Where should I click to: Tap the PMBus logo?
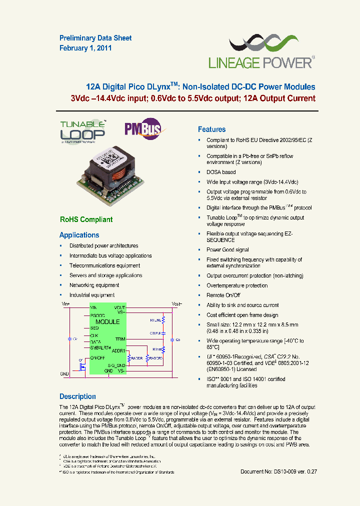coord(142,128)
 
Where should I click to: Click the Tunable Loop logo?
coord(82,131)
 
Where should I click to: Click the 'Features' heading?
coord(211,129)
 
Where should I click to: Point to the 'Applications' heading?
coord(79,235)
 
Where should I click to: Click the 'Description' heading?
coord(77,396)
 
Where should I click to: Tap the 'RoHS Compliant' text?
coord(86,219)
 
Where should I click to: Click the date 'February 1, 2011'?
coord(85,48)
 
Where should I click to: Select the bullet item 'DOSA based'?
coord(221,172)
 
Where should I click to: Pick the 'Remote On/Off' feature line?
coord(223,295)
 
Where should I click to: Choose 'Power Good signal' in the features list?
coord(227,249)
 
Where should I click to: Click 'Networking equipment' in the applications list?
coord(94,285)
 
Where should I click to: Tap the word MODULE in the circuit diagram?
coord(107,322)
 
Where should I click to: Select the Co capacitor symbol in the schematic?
coord(172,339)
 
